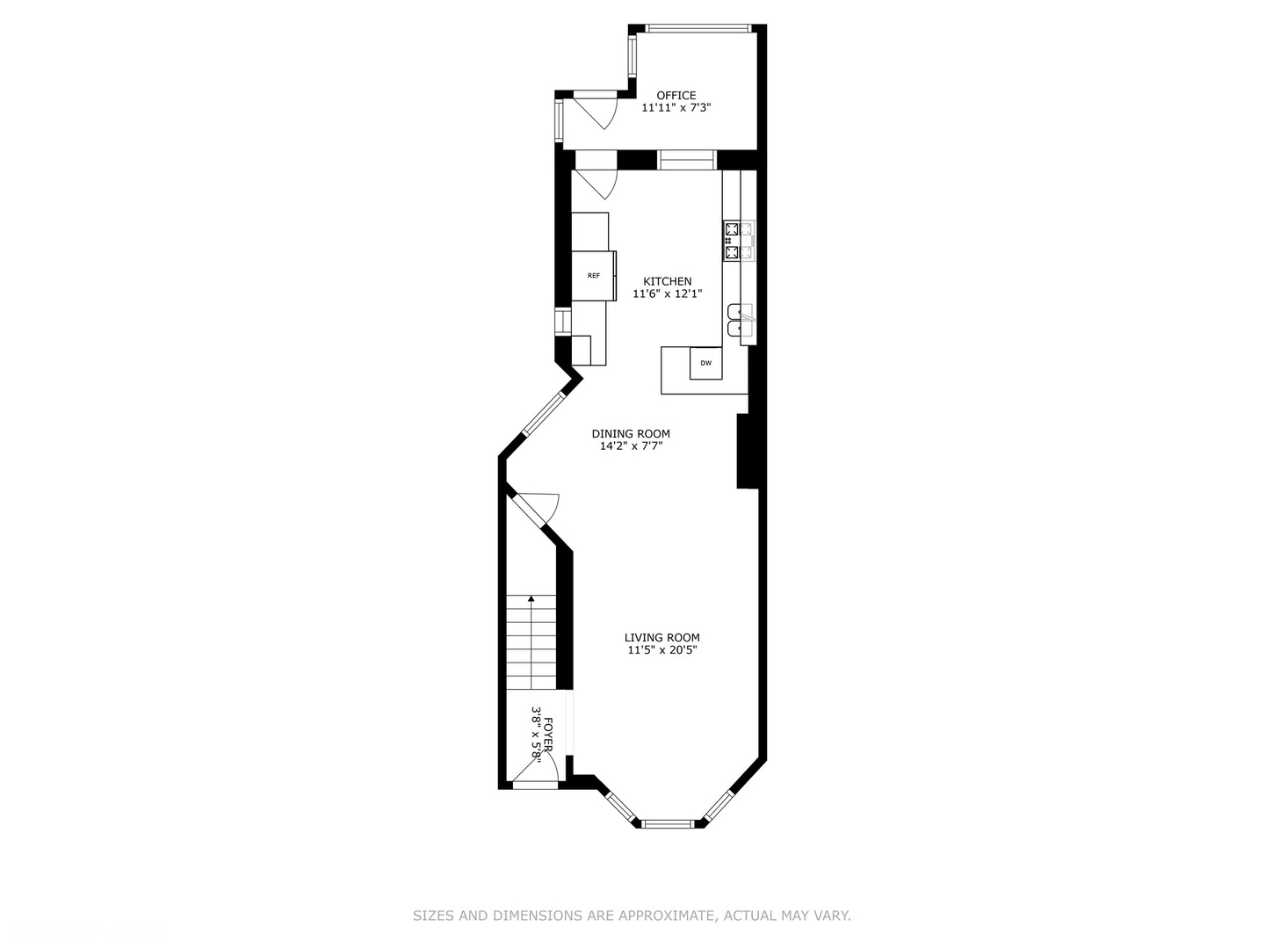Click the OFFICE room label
[x=676, y=96]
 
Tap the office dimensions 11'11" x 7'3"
[x=676, y=108]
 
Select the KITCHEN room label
[x=667, y=281]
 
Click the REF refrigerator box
[x=594, y=276]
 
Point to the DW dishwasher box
[x=705, y=363]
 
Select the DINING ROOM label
[x=630, y=433]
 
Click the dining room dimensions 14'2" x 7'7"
[x=630, y=446]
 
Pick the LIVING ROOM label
[x=661, y=638]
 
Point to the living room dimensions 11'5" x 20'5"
[x=661, y=651]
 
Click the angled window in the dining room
[x=544, y=413]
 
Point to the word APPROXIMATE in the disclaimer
[x=665, y=916]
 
